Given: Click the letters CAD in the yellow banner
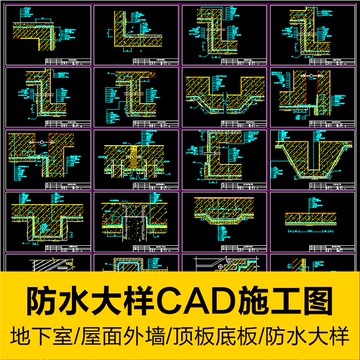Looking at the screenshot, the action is click(210, 298).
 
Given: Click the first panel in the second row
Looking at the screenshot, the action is click(46, 95).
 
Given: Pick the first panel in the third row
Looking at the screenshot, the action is click(46, 155).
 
